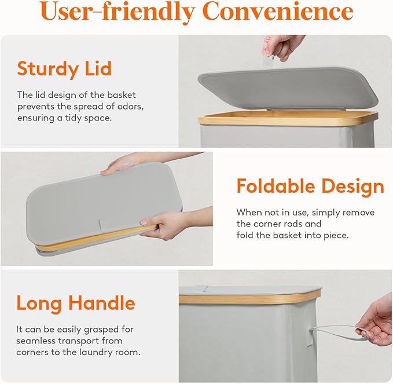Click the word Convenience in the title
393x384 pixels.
[278, 11]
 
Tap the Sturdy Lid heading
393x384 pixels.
[64, 69]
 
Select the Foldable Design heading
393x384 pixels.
[310, 187]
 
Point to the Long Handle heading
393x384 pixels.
[76, 303]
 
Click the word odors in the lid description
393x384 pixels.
[130, 107]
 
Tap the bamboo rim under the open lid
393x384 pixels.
[288, 118]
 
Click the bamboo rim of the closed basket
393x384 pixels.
[249, 298]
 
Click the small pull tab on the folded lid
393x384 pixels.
[100, 225]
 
